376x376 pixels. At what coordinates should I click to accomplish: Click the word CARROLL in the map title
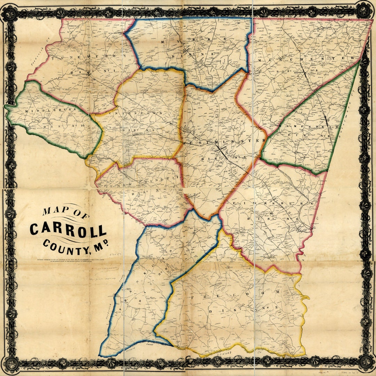coord(68,230)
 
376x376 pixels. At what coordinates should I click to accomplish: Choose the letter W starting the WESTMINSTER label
coord(185,143)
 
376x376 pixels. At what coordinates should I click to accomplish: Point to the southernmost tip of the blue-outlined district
coord(101,355)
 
